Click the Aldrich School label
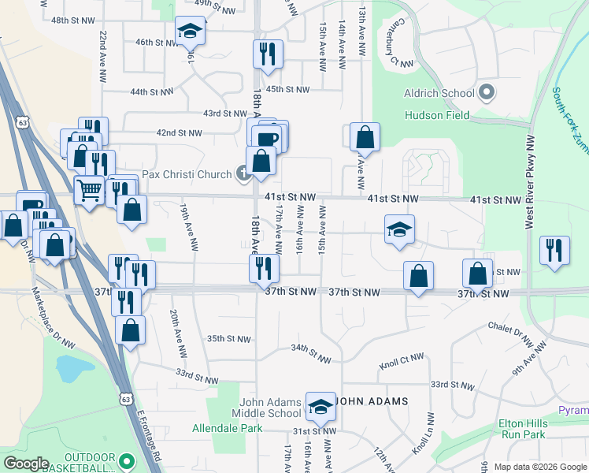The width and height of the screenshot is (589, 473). pyautogui.click(x=439, y=93)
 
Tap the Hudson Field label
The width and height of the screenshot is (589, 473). pyautogui.click(x=437, y=115)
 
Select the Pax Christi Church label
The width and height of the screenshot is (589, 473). pyautogui.click(x=187, y=173)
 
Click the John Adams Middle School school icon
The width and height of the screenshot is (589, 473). pyautogui.click(x=320, y=406)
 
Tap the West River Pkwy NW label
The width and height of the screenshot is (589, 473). pyautogui.click(x=530, y=182)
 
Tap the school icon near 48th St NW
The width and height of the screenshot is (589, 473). pyautogui.click(x=189, y=31)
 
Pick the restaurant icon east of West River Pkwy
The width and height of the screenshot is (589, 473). pyautogui.click(x=555, y=250)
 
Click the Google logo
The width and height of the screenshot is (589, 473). pyautogui.click(x=25, y=464)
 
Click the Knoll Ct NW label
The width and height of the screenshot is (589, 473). pyautogui.click(x=402, y=362)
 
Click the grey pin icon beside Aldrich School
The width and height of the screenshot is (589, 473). pyautogui.click(x=486, y=92)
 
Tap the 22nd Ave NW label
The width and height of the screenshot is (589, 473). pyautogui.click(x=102, y=56)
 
